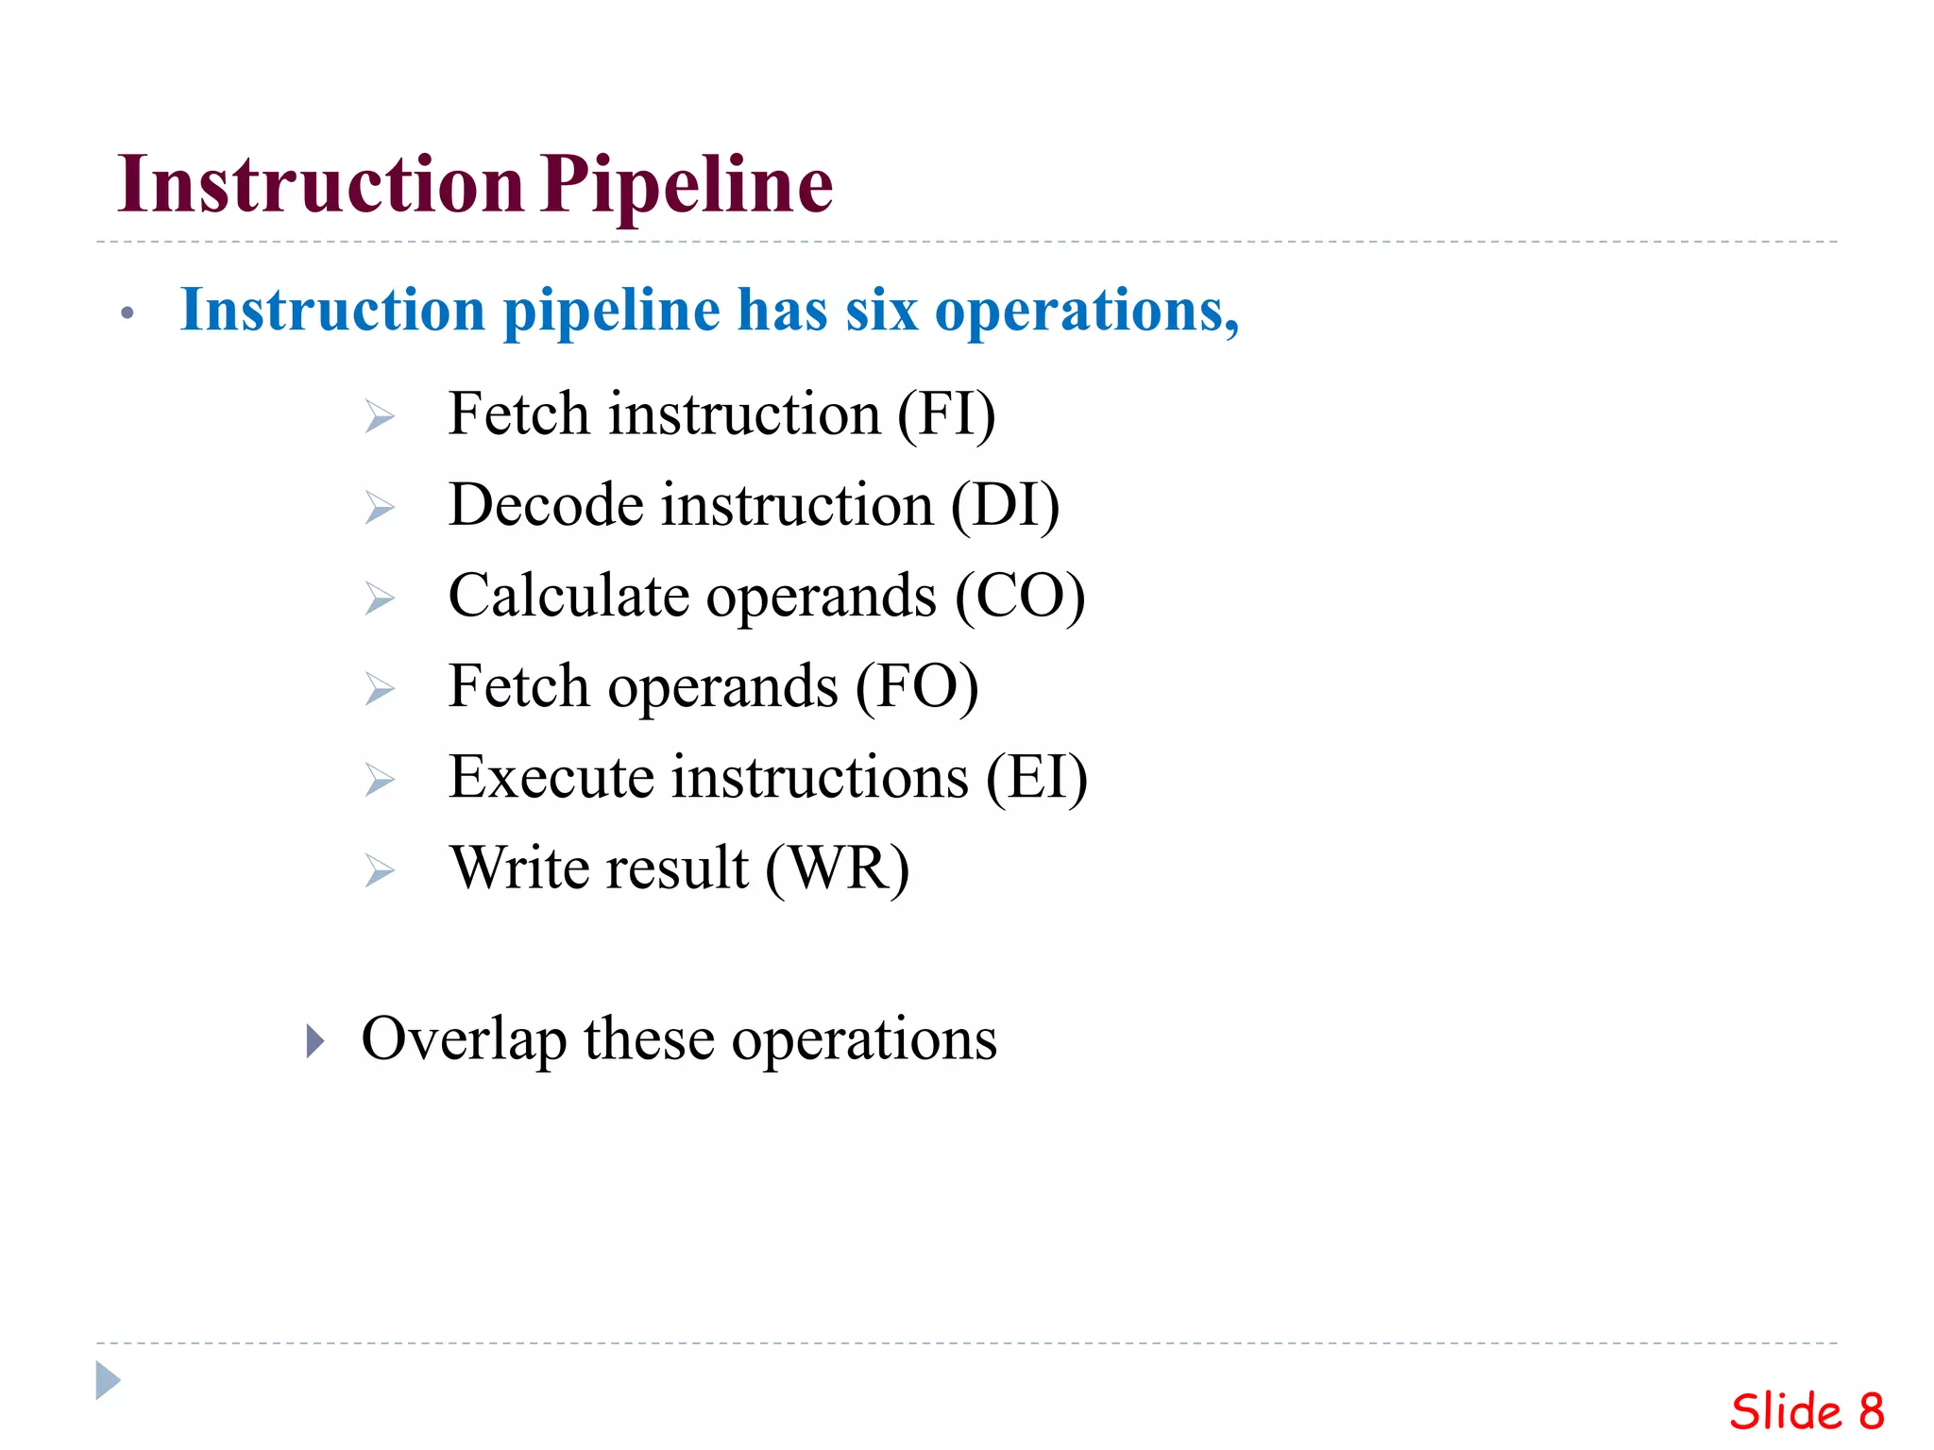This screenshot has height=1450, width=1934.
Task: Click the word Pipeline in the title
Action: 687,185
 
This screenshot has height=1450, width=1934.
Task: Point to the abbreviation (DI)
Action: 1005,505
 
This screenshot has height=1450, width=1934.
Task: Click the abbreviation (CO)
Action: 1020,596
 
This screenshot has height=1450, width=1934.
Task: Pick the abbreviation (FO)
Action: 917,686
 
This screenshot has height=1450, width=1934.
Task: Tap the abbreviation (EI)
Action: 1037,777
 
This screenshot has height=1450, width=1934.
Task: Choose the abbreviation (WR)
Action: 838,868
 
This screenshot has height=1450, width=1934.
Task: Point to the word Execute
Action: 551,777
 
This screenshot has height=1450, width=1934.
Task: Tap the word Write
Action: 517,868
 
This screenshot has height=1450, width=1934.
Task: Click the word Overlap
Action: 464,1039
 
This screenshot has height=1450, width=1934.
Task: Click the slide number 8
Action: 1872,1412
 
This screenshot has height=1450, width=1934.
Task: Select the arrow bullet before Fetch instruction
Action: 380,416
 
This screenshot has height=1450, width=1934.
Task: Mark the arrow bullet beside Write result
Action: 380,870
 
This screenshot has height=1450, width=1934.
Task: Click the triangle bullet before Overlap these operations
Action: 315,1041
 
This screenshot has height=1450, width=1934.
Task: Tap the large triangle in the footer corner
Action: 108,1380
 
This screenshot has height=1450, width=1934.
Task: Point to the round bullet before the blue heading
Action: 127,313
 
